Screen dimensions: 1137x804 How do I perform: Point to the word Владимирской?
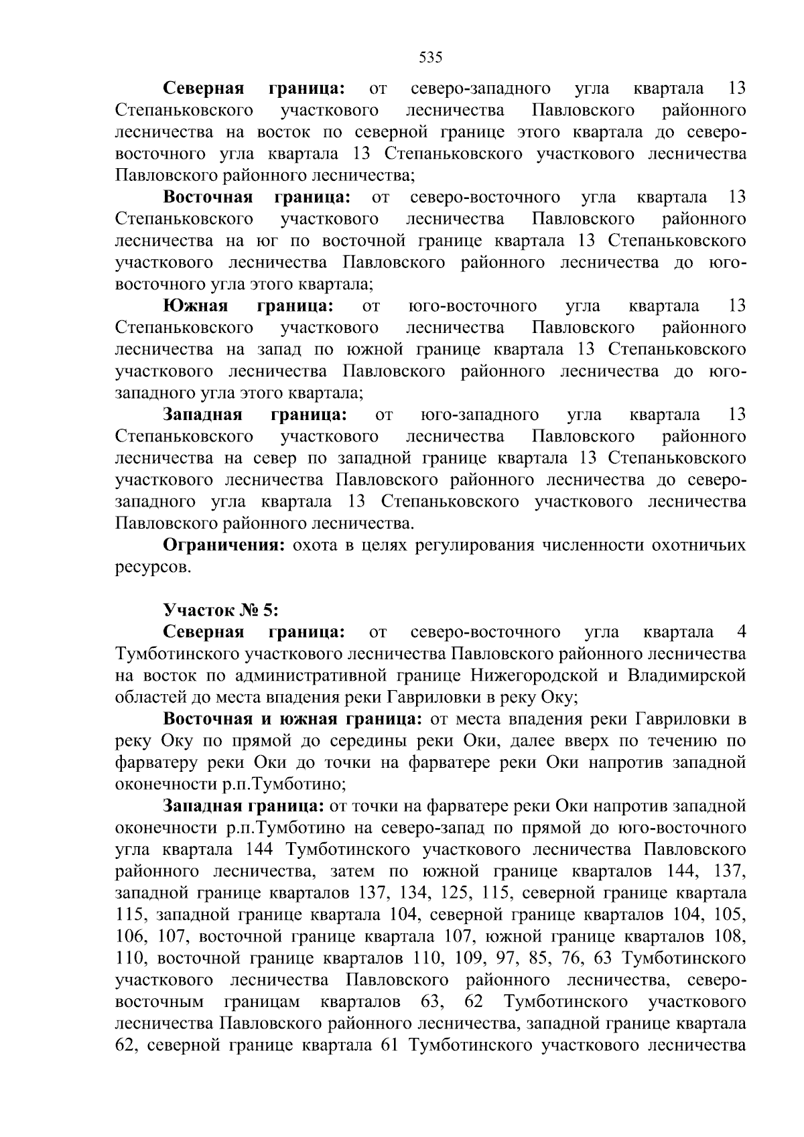pyautogui.click(x=687, y=675)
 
